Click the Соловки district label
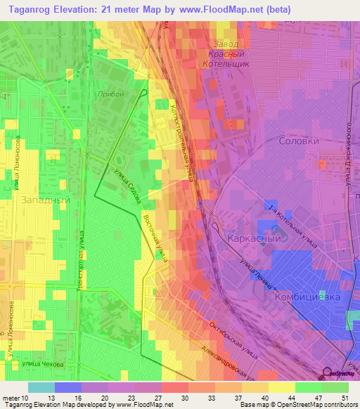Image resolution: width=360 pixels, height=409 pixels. tap(299, 141)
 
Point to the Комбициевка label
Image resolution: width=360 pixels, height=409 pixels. tap(307, 297)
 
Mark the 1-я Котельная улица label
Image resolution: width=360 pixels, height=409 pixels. tap(293, 226)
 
